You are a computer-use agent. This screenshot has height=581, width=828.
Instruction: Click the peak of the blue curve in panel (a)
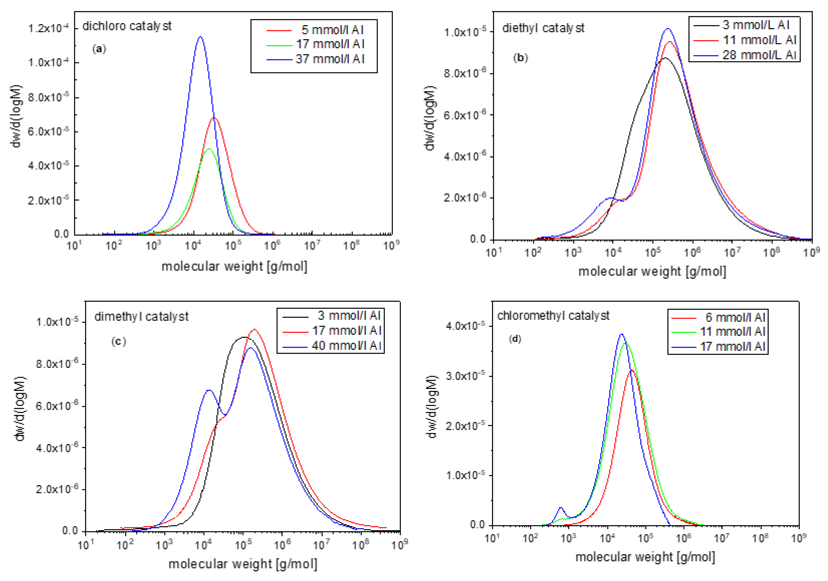200,37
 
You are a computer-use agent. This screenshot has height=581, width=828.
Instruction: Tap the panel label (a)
99,49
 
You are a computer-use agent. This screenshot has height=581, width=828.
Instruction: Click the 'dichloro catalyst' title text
127,26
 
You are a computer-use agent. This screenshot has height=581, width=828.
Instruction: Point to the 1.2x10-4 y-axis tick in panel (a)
48,28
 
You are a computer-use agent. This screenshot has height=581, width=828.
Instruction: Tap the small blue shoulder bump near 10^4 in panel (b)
611,198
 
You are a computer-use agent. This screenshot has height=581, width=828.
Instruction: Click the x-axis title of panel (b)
652,271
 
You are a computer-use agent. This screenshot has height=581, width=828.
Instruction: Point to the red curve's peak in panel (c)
255,329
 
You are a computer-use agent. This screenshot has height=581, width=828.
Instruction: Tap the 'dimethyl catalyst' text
141,316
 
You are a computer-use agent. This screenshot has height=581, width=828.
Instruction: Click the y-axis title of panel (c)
20,409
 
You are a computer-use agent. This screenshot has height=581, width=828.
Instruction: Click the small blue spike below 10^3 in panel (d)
561,508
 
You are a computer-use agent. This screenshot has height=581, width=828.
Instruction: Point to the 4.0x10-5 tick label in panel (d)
463,326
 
